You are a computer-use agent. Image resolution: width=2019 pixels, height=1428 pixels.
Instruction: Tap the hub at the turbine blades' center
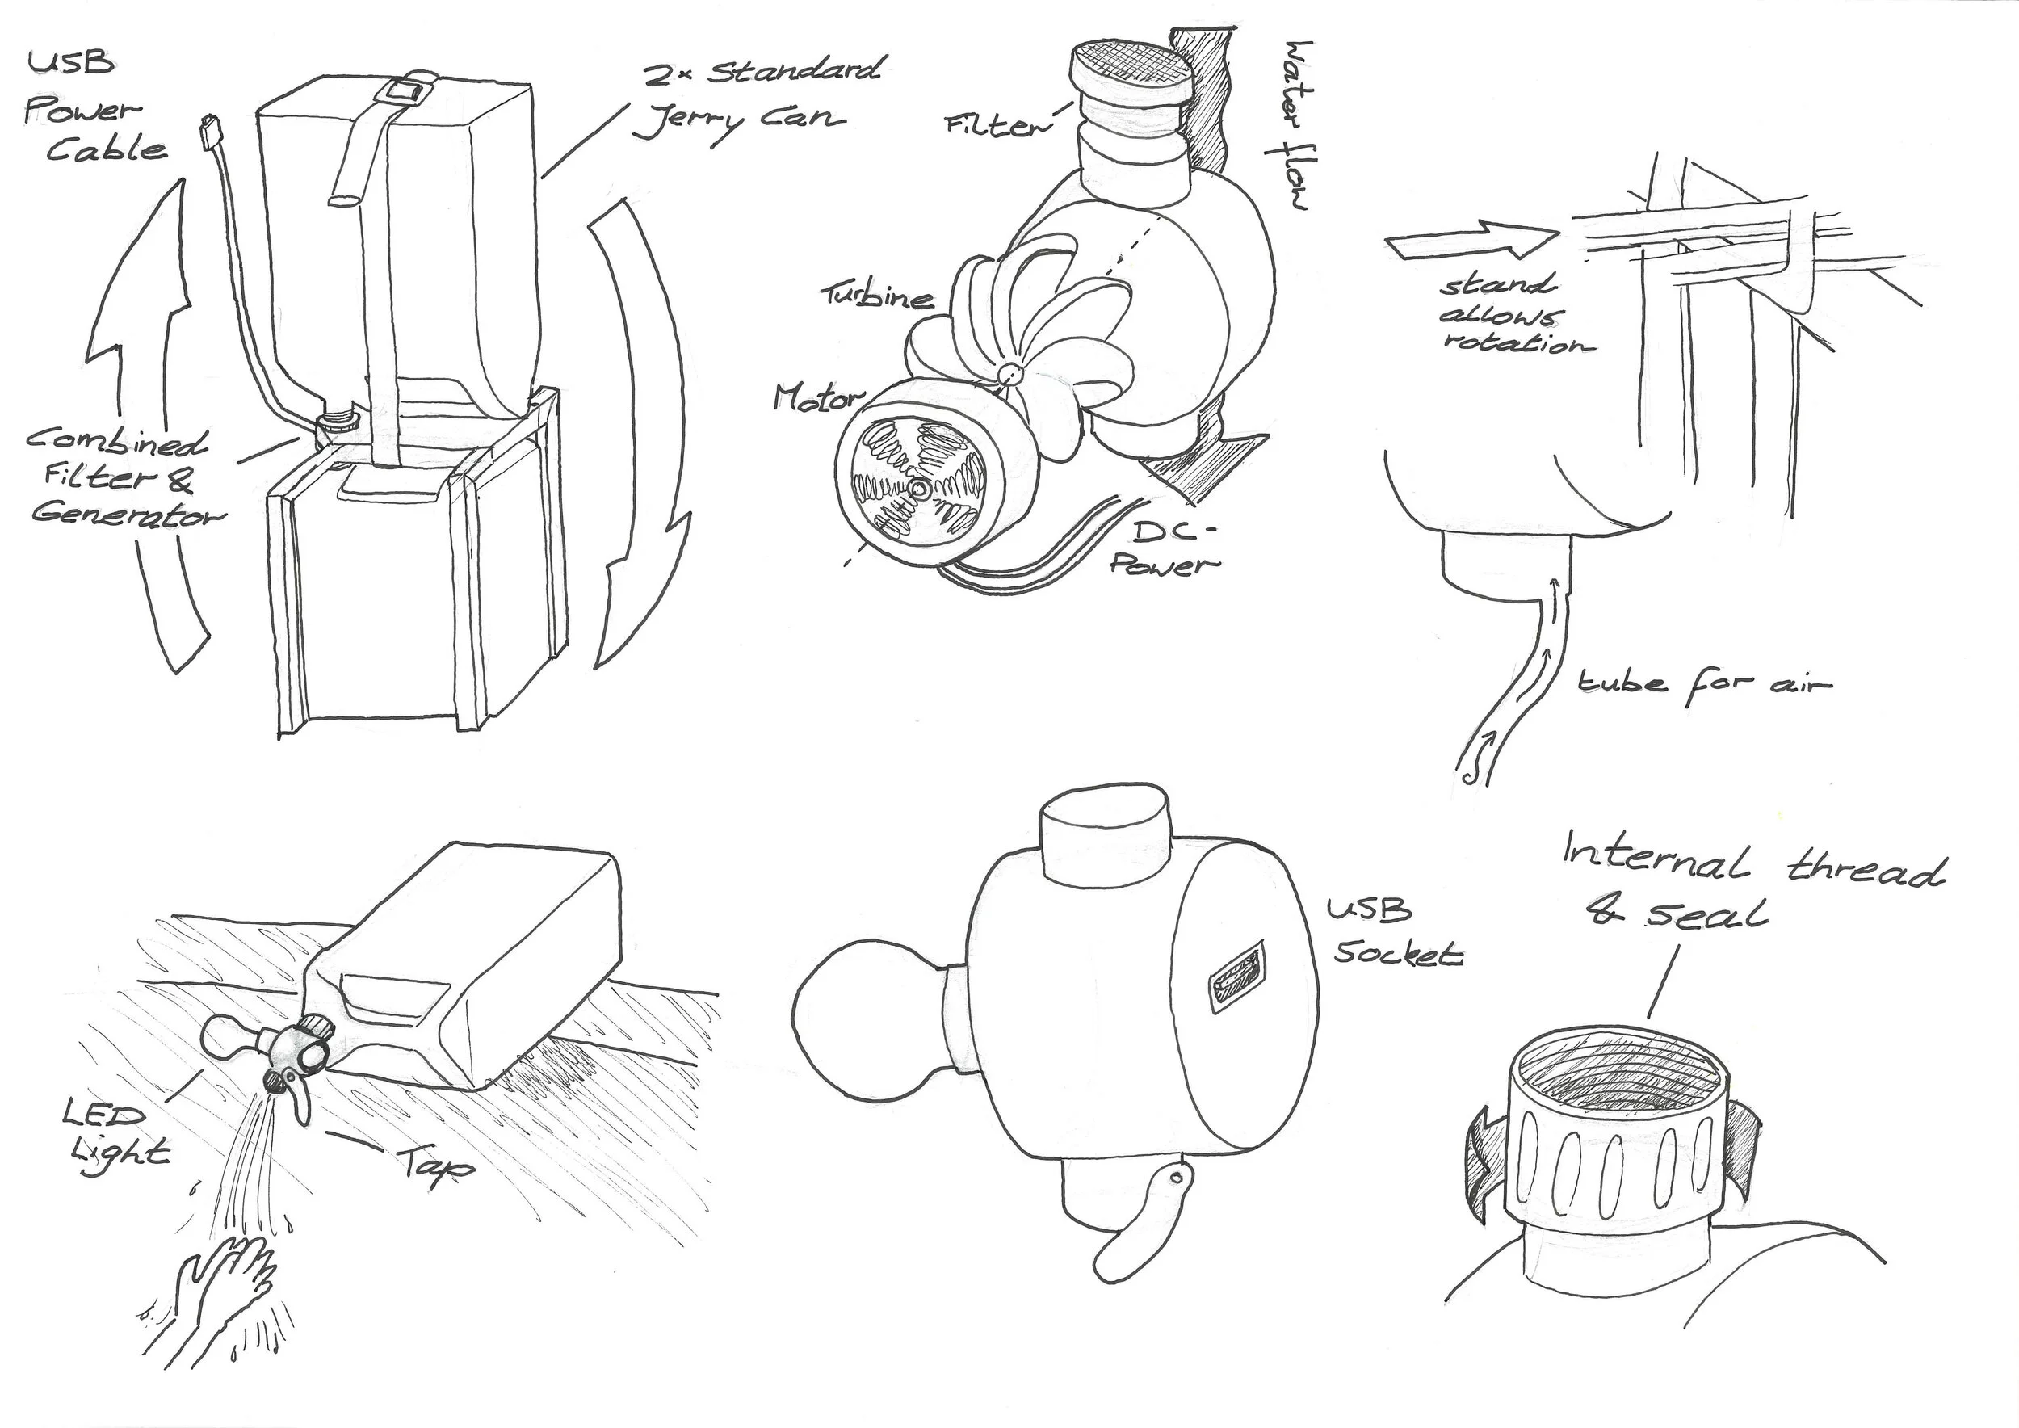pyautogui.click(x=1009, y=373)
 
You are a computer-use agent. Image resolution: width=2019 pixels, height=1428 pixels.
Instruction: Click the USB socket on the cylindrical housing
pyautogui.click(x=1237, y=978)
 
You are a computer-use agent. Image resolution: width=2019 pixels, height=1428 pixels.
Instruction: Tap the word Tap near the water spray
pyautogui.click(x=437, y=1167)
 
